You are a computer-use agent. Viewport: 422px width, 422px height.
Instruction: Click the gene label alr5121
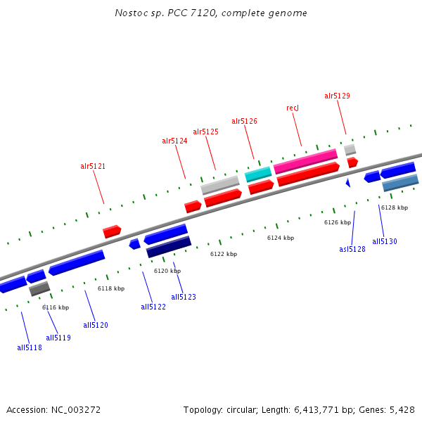93,167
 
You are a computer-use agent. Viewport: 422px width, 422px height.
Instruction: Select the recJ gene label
293,108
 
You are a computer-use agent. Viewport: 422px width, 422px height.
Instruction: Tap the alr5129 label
337,96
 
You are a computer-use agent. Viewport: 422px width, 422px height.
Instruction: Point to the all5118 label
30,347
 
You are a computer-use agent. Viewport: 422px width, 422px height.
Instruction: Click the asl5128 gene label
352,249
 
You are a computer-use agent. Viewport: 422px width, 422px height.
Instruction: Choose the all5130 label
385,242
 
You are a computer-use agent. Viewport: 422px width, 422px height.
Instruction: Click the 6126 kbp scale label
338,222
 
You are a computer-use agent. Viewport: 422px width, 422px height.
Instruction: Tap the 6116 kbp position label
56,307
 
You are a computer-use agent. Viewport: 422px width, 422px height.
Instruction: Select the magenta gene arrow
305,160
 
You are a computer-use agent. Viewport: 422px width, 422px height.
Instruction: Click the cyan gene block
258,174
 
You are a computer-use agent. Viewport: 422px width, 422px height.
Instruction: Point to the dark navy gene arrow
169,247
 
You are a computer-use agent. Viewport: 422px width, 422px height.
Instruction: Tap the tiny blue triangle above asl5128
347,183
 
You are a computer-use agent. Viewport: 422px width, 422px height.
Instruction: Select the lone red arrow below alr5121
112,231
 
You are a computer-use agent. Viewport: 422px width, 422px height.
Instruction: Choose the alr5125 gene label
205,132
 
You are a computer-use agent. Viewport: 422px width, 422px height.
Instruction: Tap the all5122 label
153,307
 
